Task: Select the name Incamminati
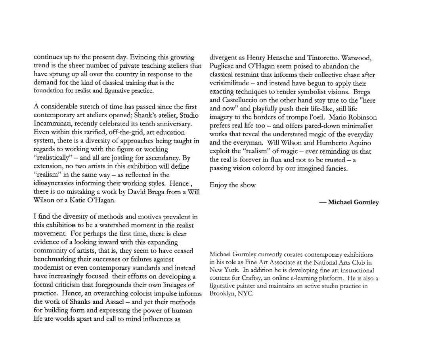point(52,124)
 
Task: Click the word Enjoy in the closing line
point(218,185)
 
